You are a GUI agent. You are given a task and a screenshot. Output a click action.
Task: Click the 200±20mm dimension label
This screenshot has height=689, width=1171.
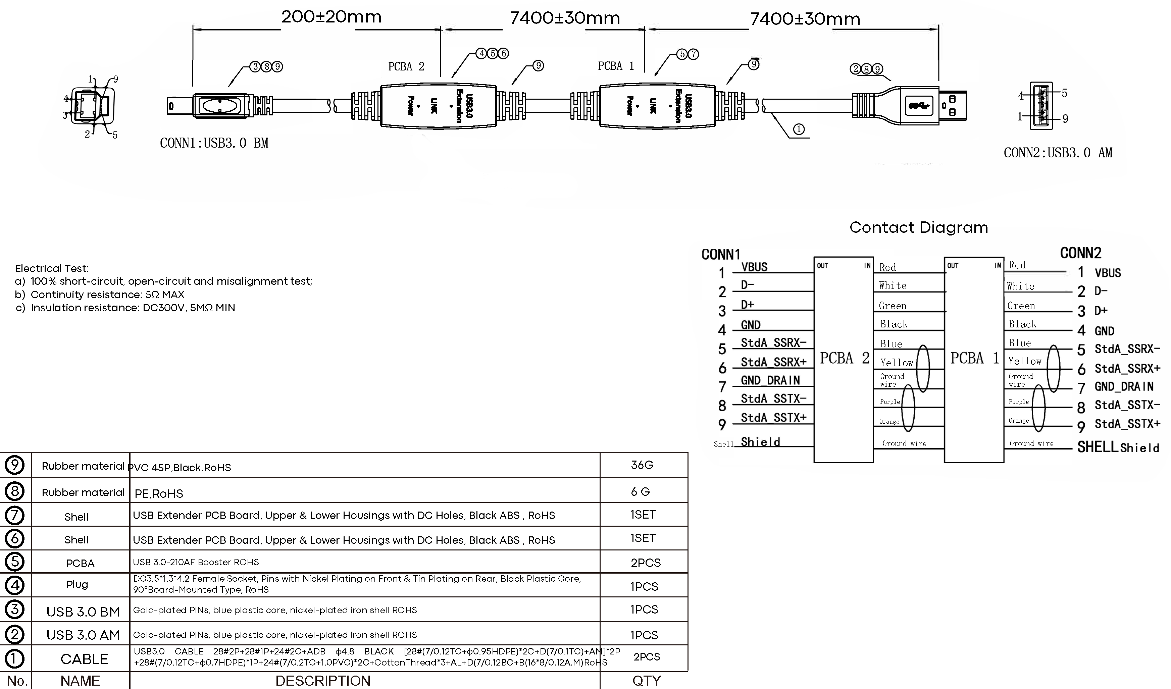pos(331,17)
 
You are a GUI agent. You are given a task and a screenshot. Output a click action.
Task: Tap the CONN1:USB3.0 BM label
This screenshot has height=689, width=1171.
pos(214,143)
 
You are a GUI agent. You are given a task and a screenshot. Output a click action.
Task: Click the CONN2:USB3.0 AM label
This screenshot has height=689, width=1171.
pos(1058,153)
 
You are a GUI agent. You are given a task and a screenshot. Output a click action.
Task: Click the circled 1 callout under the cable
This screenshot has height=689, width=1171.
pos(798,129)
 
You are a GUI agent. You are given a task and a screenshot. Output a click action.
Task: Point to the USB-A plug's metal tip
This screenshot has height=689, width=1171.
pos(953,106)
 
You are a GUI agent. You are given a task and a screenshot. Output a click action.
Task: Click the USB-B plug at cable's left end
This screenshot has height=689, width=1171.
pos(218,105)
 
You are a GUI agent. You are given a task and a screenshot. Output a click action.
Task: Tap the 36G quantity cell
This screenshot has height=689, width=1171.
pos(642,465)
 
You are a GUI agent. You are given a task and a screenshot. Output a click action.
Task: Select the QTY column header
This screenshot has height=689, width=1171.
pos(646,681)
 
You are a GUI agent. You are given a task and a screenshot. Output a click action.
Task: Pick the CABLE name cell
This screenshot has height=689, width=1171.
pos(84,659)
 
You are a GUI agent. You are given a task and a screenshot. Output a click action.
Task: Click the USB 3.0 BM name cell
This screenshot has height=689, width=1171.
pos(83,612)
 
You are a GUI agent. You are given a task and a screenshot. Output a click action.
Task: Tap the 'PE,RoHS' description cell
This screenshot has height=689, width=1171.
pos(159,493)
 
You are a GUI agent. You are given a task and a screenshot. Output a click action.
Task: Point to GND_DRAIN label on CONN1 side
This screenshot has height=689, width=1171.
pos(770,380)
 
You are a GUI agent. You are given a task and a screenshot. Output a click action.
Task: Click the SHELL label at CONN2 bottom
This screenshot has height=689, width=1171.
pos(1097,447)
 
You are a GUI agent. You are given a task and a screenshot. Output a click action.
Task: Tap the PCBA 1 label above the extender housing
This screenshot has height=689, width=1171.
pos(615,66)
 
